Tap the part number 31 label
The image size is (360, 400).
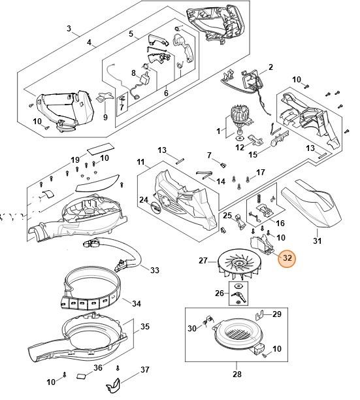(x=318, y=241)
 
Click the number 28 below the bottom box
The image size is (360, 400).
(x=237, y=375)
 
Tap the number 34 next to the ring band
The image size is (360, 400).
(x=136, y=303)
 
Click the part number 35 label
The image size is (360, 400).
(x=144, y=326)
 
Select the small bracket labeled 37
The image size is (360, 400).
(x=116, y=383)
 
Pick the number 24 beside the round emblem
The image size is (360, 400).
(x=144, y=200)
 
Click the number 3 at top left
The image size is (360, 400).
(x=69, y=29)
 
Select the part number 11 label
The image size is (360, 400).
(x=140, y=161)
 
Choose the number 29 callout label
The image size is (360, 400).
(x=276, y=314)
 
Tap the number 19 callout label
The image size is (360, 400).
(x=75, y=159)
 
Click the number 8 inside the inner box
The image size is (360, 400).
(x=133, y=73)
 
